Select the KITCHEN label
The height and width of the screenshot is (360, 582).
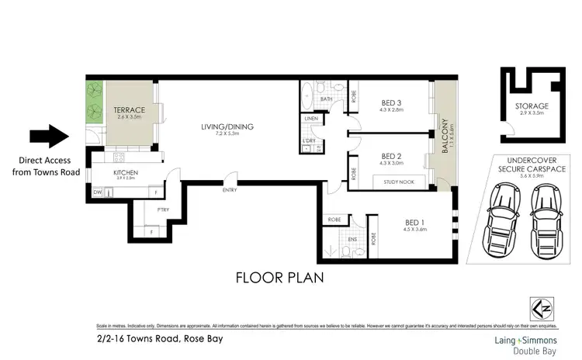(x=125, y=173)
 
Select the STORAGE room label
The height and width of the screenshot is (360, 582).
(x=532, y=106)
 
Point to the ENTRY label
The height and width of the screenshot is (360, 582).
(x=229, y=190)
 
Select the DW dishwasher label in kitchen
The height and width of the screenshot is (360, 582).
(x=98, y=191)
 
